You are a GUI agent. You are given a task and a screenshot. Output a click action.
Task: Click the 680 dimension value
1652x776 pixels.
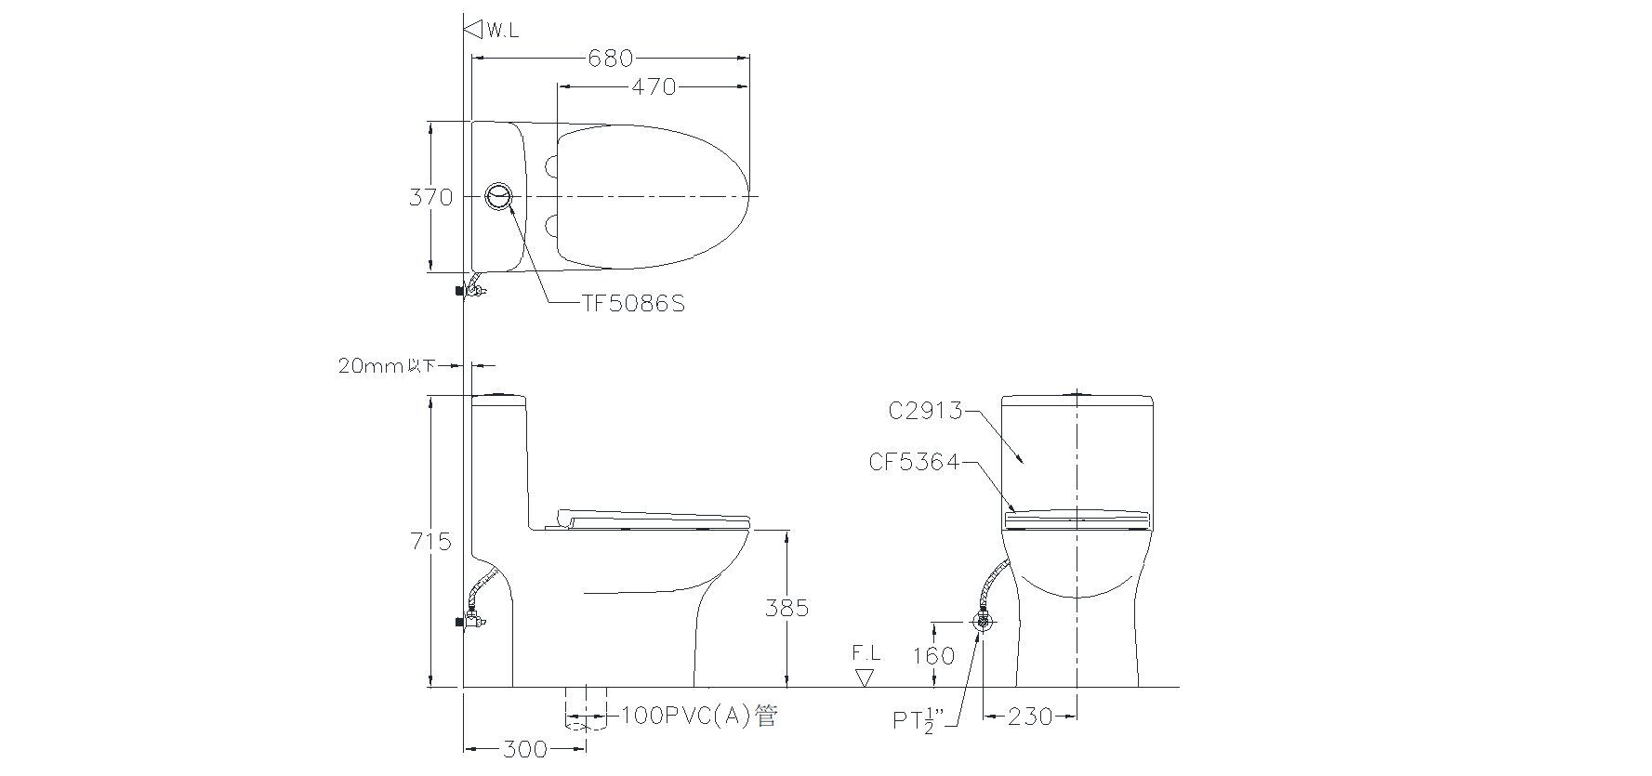pos(610,58)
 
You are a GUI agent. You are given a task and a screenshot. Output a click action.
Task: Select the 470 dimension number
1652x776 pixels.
pos(654,86)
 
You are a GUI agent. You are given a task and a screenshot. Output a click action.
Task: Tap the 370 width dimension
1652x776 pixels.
pos(430,197)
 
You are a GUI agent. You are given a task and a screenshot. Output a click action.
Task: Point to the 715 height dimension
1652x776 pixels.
pos(430,541)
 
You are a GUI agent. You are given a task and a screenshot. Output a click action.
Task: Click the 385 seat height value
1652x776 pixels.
pos(786,608)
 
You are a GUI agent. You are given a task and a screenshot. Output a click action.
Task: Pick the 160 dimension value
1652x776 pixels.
pos(934,656)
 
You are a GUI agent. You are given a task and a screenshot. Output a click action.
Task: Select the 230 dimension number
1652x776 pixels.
pos(1031,717)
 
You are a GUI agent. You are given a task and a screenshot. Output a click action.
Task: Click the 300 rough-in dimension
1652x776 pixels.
pos(524,748)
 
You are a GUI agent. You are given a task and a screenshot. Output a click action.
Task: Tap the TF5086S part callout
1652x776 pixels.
pos(633,304)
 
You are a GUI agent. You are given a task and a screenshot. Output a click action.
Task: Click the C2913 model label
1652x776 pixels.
pos(925,410)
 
